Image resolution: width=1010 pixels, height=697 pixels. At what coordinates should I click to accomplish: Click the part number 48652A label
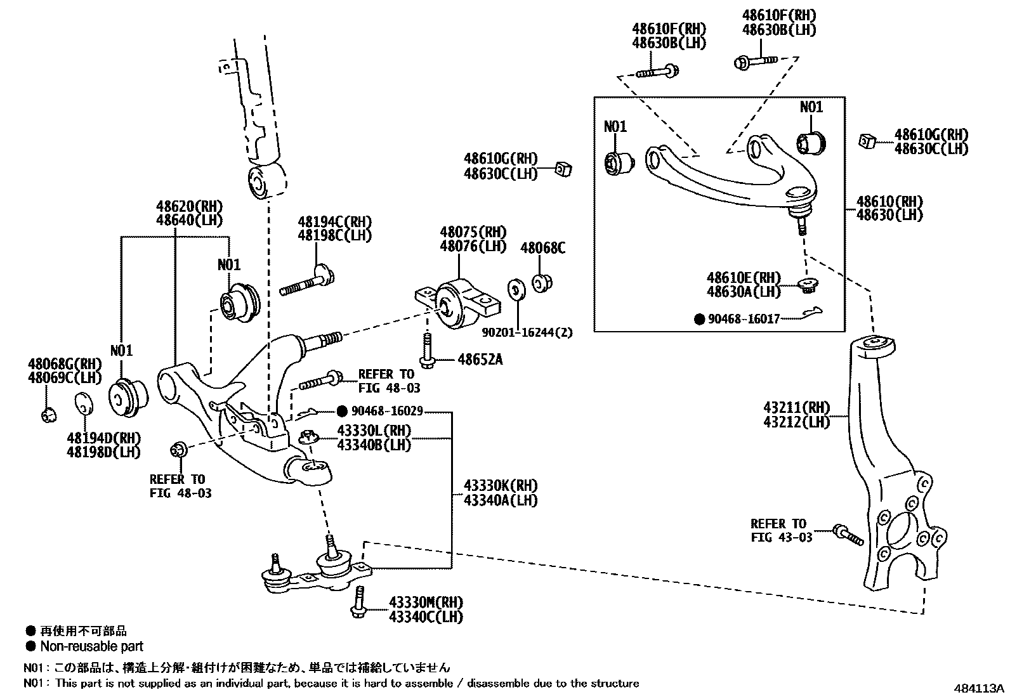[480, 360]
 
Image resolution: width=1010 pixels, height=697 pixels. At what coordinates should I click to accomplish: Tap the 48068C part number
[542, 249]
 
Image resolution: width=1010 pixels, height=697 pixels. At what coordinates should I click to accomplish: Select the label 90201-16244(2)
[527, 332]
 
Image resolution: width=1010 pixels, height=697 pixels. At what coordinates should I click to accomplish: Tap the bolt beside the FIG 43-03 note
[847, 534]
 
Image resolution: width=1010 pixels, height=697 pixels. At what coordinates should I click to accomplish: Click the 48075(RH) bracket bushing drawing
[456, 304]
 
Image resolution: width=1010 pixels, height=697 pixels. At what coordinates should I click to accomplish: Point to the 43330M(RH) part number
[426, 602]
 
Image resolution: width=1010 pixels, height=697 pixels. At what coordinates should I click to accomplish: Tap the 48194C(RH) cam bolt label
[334, 222]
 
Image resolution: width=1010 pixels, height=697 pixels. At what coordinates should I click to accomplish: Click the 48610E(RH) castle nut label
[744, 278]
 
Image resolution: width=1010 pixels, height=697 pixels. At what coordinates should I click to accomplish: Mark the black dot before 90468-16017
[699, 320]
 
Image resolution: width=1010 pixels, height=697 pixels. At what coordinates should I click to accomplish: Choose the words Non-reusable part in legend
[92, 646]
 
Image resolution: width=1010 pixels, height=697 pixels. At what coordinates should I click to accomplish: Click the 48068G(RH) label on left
[65, 364]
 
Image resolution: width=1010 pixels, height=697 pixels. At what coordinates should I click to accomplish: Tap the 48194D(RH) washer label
[104, 438]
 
